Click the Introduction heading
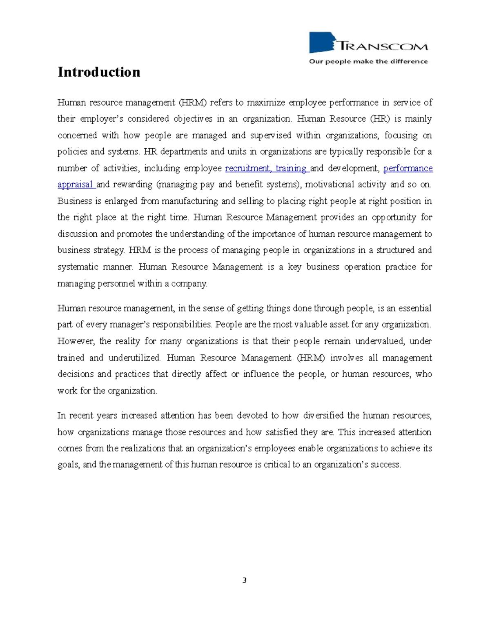click(99, 72)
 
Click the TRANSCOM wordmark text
click(383, 46)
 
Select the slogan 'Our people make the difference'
click(368, 62)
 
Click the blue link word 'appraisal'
click(76, 185)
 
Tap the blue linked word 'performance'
click(408, 168)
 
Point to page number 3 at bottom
click(244, 581)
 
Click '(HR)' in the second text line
click(379, 119)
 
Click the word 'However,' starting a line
click(76, 341)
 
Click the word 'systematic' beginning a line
click(78, 267)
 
